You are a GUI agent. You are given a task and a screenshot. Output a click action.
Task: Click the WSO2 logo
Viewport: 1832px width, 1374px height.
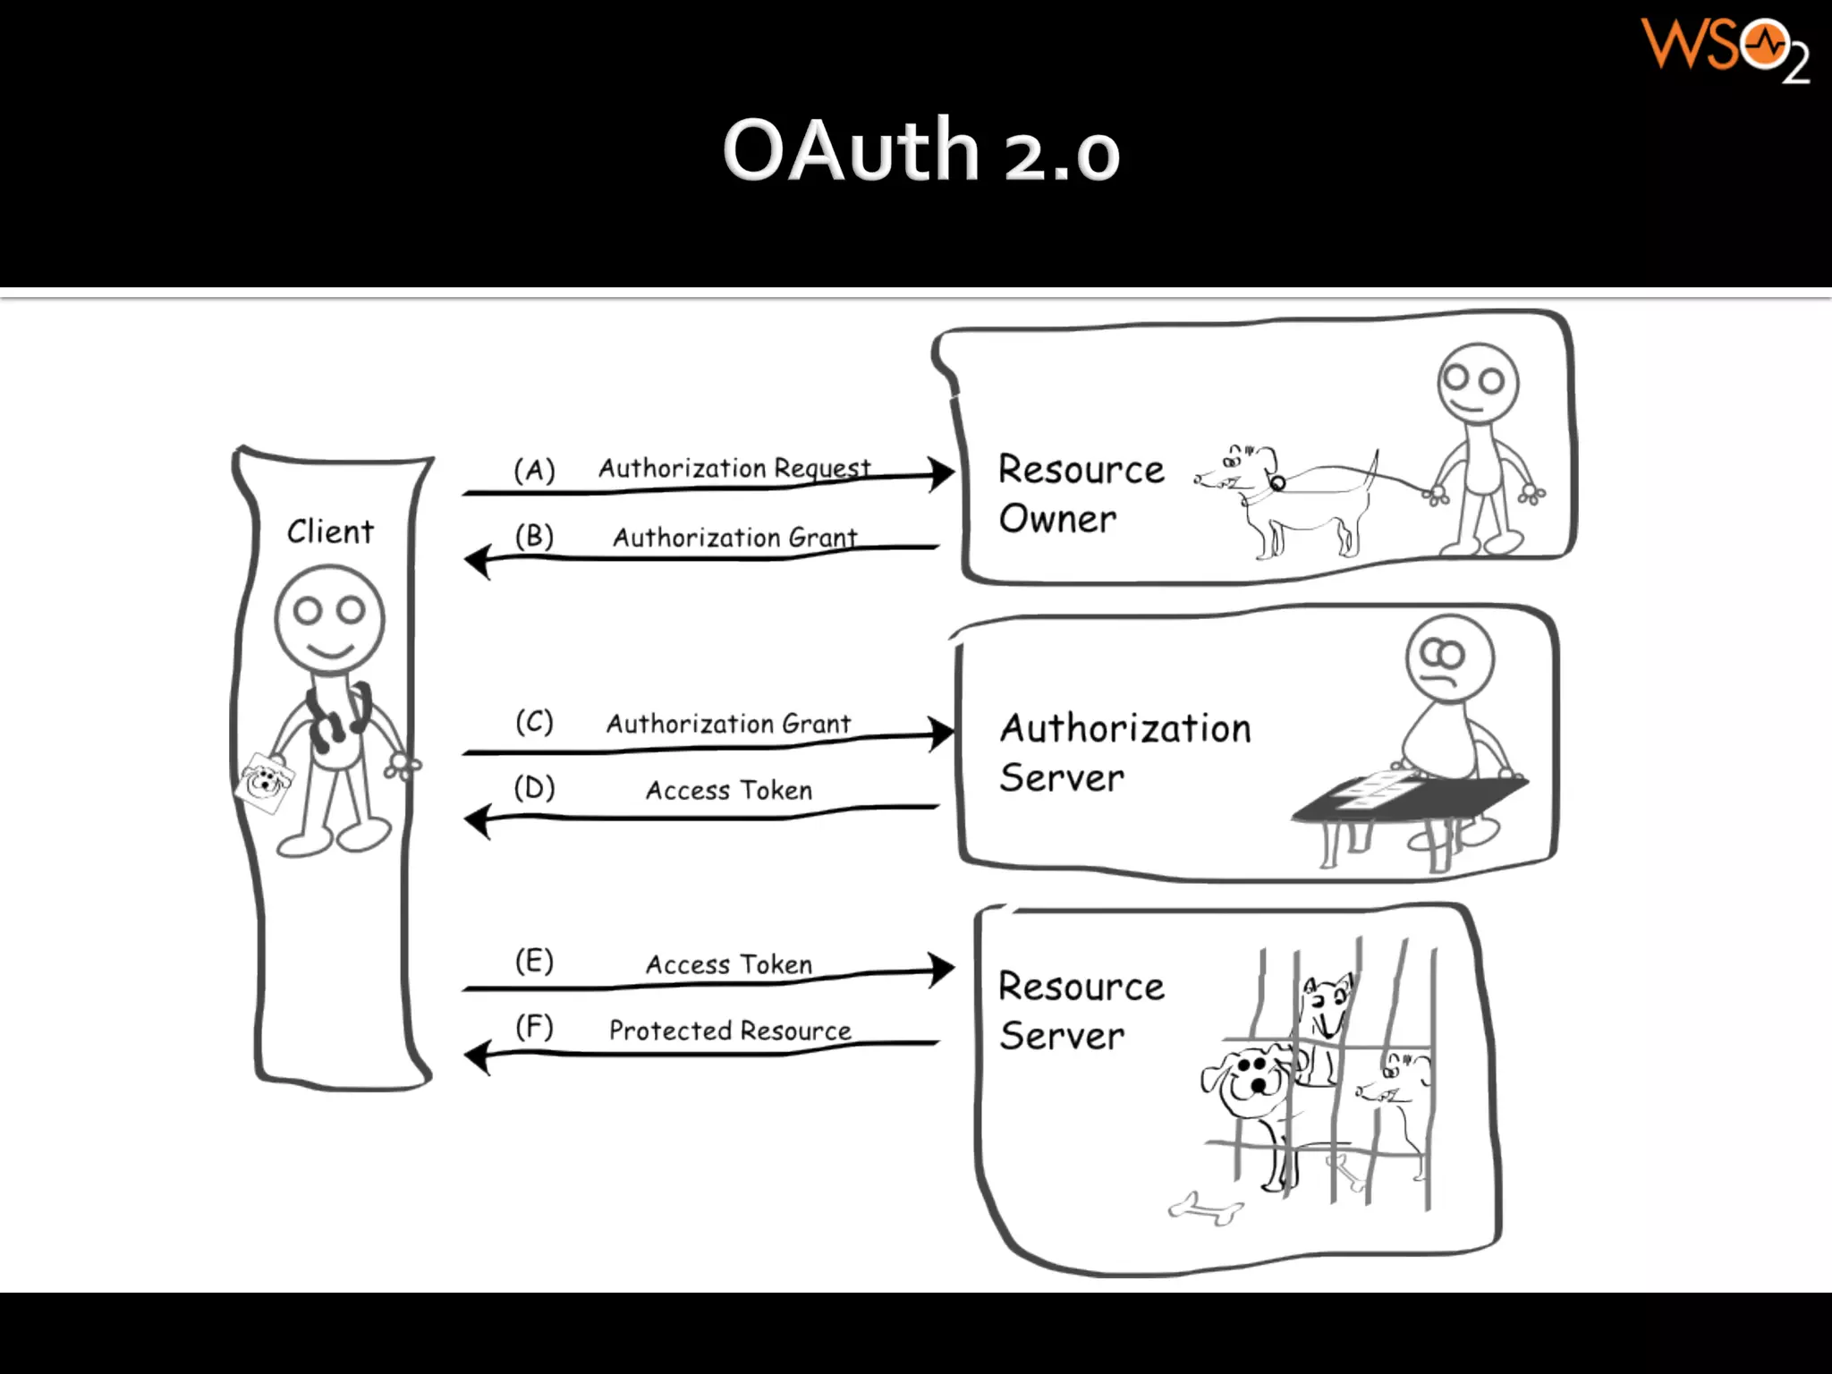click(1725, 49)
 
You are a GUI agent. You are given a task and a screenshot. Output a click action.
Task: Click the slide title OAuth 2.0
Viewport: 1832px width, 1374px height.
click(920, 150)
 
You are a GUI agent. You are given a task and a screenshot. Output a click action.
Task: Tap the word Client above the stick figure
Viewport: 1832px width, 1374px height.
click(330, 531)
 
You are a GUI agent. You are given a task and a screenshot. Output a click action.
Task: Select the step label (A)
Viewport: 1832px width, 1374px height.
click(534, 470)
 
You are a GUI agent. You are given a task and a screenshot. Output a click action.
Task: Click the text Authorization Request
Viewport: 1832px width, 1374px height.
click(734, 468)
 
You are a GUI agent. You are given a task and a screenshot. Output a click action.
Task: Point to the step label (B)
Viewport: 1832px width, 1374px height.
click(534, 537)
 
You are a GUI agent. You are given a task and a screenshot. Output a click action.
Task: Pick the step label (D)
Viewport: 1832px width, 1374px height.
click(534, 788)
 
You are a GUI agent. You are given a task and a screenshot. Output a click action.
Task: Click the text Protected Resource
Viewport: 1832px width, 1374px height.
click(730, 1030)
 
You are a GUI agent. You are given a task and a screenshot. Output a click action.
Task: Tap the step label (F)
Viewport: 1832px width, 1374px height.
click(534, 1027)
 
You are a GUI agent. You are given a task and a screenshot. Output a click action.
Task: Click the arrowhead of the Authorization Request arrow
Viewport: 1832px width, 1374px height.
click(941, 474)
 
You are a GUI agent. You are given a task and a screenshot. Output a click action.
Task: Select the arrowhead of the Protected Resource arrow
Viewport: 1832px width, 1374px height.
click(478, 1056)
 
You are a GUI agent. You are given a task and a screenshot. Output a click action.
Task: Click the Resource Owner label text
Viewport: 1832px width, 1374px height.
click(1081, 494)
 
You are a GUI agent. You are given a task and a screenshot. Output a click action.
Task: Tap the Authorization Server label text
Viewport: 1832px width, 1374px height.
click(1124, 752)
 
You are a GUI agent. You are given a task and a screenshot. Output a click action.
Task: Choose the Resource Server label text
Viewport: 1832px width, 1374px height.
click(1081, 1011)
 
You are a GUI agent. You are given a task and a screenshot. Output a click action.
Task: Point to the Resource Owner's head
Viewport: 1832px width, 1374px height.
click(1478, 383)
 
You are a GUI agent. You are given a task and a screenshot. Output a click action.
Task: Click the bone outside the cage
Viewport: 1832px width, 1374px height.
click(1206, 1209)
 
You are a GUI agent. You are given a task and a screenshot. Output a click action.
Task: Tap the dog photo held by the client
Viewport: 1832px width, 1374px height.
click(265, 783)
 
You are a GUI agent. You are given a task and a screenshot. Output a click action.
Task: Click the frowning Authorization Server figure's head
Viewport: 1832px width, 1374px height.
click(1449, 657)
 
